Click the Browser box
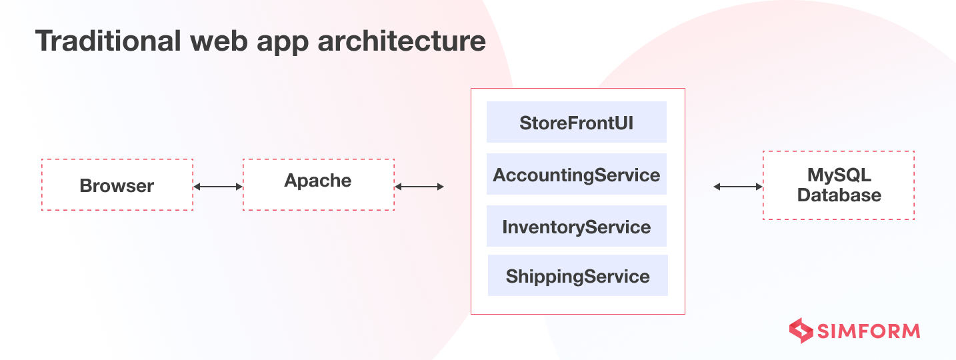click(x=117, y=185)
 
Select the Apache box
click(x=319, y=185)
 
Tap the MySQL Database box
click(x=838, y=185)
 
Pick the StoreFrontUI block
click(x=577, y=122)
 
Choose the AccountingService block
click(x=577, y=175)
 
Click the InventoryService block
click(x=577, y=227)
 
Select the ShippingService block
click(x=577, y=275)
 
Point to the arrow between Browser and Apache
click(x=218, y=187)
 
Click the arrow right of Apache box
click(x=419, y=187)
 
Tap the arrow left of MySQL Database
click(x=738, y=187)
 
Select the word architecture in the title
click(x=401, y=41)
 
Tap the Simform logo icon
click(x=801, y=331)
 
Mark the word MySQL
click(x=839, y=175)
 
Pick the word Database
click(x=839, y=195)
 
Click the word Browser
click(x=117, y=185)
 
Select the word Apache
click(x=318, y=181)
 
